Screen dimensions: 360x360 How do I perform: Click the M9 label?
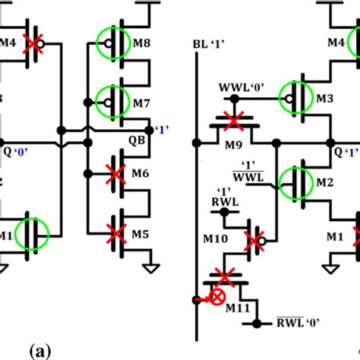(x=233, y=145)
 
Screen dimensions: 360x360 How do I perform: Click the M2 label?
(x=326, y=183)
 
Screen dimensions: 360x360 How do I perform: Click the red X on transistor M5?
(x=114, y=230)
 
